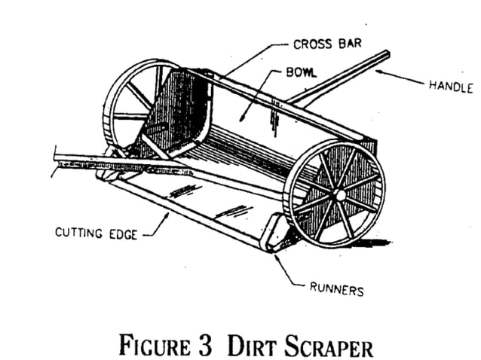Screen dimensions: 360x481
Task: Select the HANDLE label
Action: (x=449, y=86)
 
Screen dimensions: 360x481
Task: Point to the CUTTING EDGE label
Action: (x=96, y=233)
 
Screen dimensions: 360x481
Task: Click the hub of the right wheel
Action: (x=339, y=193)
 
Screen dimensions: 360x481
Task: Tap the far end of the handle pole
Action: (x=386, y=54)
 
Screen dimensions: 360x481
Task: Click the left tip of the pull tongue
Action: (x=57, y=160)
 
